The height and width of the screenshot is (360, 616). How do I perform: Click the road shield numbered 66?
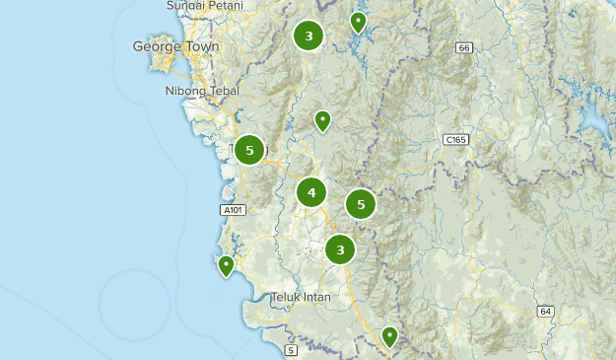pos(463,48)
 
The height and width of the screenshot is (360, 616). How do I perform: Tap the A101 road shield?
pos(231,210)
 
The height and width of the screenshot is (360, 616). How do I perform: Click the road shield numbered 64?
pos(545,312)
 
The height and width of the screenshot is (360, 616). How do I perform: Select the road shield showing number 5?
pos(291,350)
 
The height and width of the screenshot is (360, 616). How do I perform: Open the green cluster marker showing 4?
pos(311,192)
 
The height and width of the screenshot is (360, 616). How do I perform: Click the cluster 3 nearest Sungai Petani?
pos(308,36)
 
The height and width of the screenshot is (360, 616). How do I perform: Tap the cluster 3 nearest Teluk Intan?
pos(340,250)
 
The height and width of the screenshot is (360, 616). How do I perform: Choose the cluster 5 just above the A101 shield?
pos(249,150)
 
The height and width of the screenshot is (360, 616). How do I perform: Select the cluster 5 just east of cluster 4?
pos(361,204)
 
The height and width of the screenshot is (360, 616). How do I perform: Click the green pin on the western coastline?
pos(227,264)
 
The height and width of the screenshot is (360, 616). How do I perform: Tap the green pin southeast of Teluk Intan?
pos(389,335)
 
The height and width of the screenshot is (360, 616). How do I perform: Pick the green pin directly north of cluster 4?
pos(322,120)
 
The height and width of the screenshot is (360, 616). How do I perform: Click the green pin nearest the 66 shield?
pos(359,21)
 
